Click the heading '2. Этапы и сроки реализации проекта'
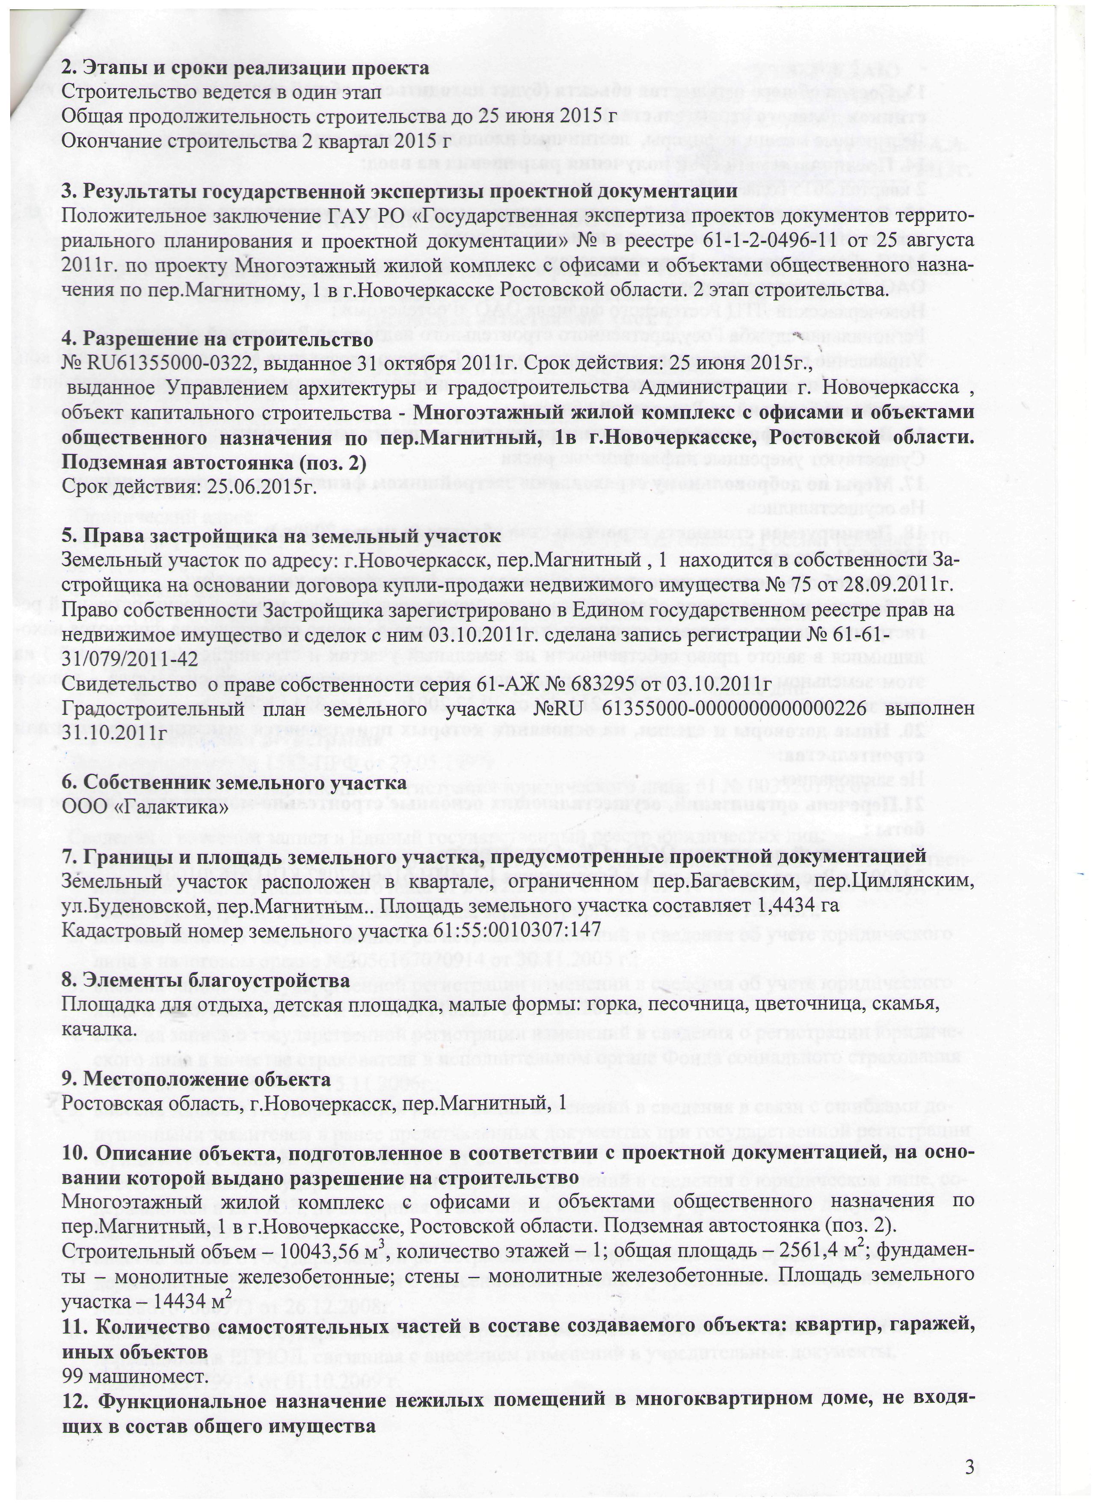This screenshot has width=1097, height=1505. pyautogui.click(x=245, y=68)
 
